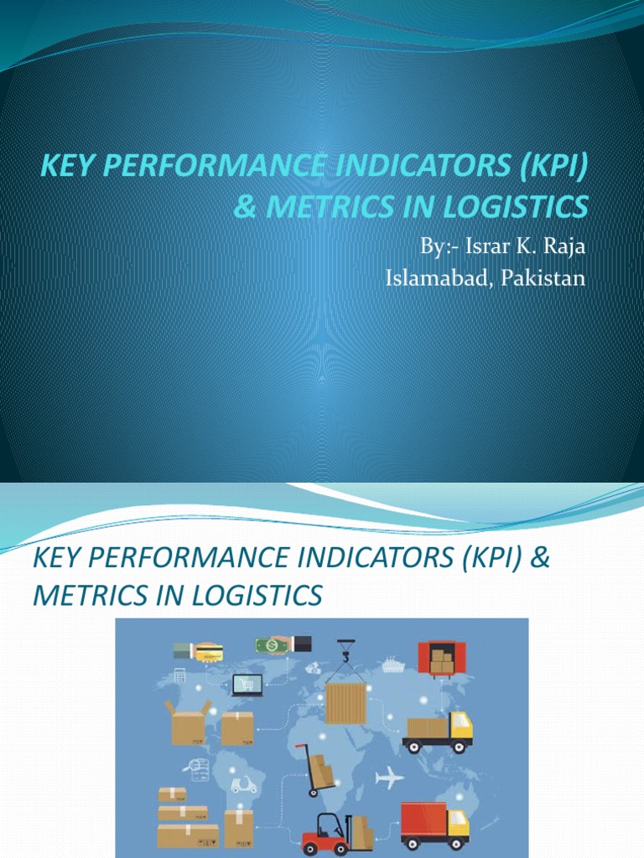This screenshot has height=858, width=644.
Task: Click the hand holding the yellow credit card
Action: click(198, 652)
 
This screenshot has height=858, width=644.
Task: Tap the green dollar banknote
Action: click(273, 646)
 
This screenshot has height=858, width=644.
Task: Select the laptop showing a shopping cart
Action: click(247, 685)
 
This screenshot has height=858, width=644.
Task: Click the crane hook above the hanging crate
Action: click(344, 653)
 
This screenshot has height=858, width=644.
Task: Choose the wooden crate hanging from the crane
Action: click(346, 703)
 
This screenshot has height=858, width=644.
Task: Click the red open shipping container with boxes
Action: click(440, 660)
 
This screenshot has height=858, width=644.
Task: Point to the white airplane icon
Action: click(389, 778)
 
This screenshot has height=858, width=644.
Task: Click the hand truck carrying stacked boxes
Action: click(317, 769)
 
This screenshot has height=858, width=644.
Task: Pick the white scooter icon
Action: click(243, 785)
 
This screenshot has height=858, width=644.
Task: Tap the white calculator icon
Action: click(179, 675)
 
